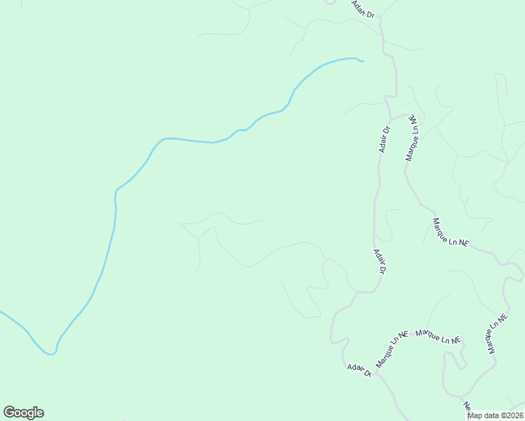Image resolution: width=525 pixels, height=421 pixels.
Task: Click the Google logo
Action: point(23,413)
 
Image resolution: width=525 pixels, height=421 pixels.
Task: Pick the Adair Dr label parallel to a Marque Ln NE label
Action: point(384,139)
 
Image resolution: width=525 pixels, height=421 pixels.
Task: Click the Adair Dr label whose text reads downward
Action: point(380,261)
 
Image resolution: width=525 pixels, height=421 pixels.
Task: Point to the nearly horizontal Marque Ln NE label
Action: point(439,336)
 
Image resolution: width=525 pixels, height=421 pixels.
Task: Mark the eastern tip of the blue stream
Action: point(363,62)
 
